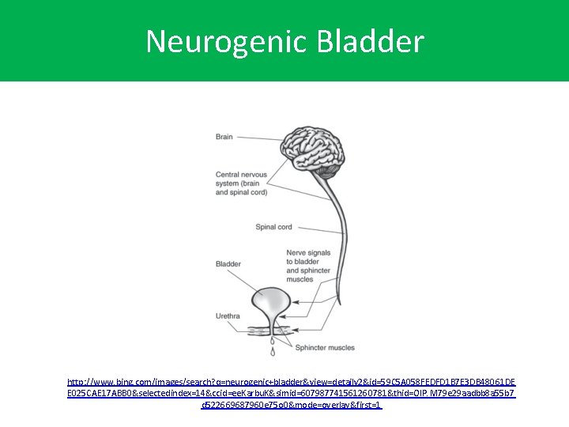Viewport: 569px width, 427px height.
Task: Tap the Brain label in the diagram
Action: click(x=224, y=137)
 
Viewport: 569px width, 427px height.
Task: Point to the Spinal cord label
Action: click(x=273, y=227)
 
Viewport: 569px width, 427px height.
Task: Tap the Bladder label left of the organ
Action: click(x=228, y=264)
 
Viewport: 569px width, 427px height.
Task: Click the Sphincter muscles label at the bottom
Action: click(x=326, y=346)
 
